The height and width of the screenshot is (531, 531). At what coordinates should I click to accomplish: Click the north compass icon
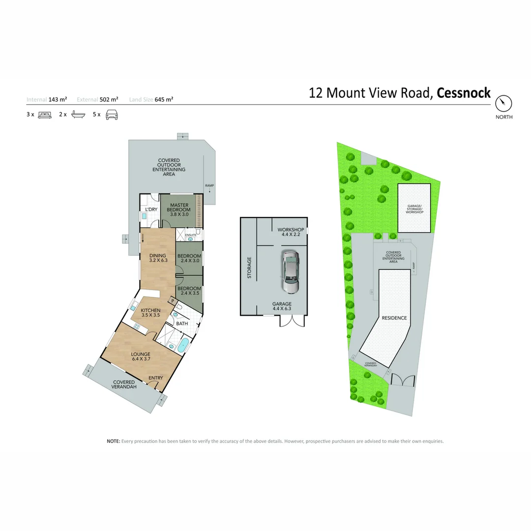pos(503,104)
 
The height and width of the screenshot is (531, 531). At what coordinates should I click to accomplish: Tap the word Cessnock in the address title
pos(464,93)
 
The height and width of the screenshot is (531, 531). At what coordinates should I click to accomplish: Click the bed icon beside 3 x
pos(45,115)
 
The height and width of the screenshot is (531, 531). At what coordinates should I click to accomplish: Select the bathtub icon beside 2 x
pos(79,115)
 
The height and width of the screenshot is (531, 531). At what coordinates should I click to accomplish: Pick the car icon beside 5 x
pos(112,115)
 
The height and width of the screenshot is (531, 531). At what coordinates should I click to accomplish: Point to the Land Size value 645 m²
pos(164,99)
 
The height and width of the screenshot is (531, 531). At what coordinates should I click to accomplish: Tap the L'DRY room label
pos(151,209)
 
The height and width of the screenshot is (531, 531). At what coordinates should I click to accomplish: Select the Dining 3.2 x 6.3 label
pos(158,258)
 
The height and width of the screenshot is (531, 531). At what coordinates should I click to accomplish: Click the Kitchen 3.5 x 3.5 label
pos(150,313)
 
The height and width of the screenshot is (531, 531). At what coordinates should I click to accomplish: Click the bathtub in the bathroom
pos(183,345)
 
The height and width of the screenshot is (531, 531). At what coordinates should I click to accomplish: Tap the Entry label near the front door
pos(156,378)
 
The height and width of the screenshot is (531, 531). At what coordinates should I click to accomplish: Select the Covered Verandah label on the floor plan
pos(124,384)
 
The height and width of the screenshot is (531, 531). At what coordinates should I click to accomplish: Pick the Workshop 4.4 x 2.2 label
pos(291,232)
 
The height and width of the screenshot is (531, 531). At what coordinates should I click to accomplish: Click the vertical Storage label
pos(249,267)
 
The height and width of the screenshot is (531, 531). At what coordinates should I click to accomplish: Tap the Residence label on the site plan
pos(394,318)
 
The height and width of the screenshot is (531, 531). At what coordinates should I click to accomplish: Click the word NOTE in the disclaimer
pos(113,441)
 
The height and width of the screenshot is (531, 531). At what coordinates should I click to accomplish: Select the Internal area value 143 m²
pos(58,99)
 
